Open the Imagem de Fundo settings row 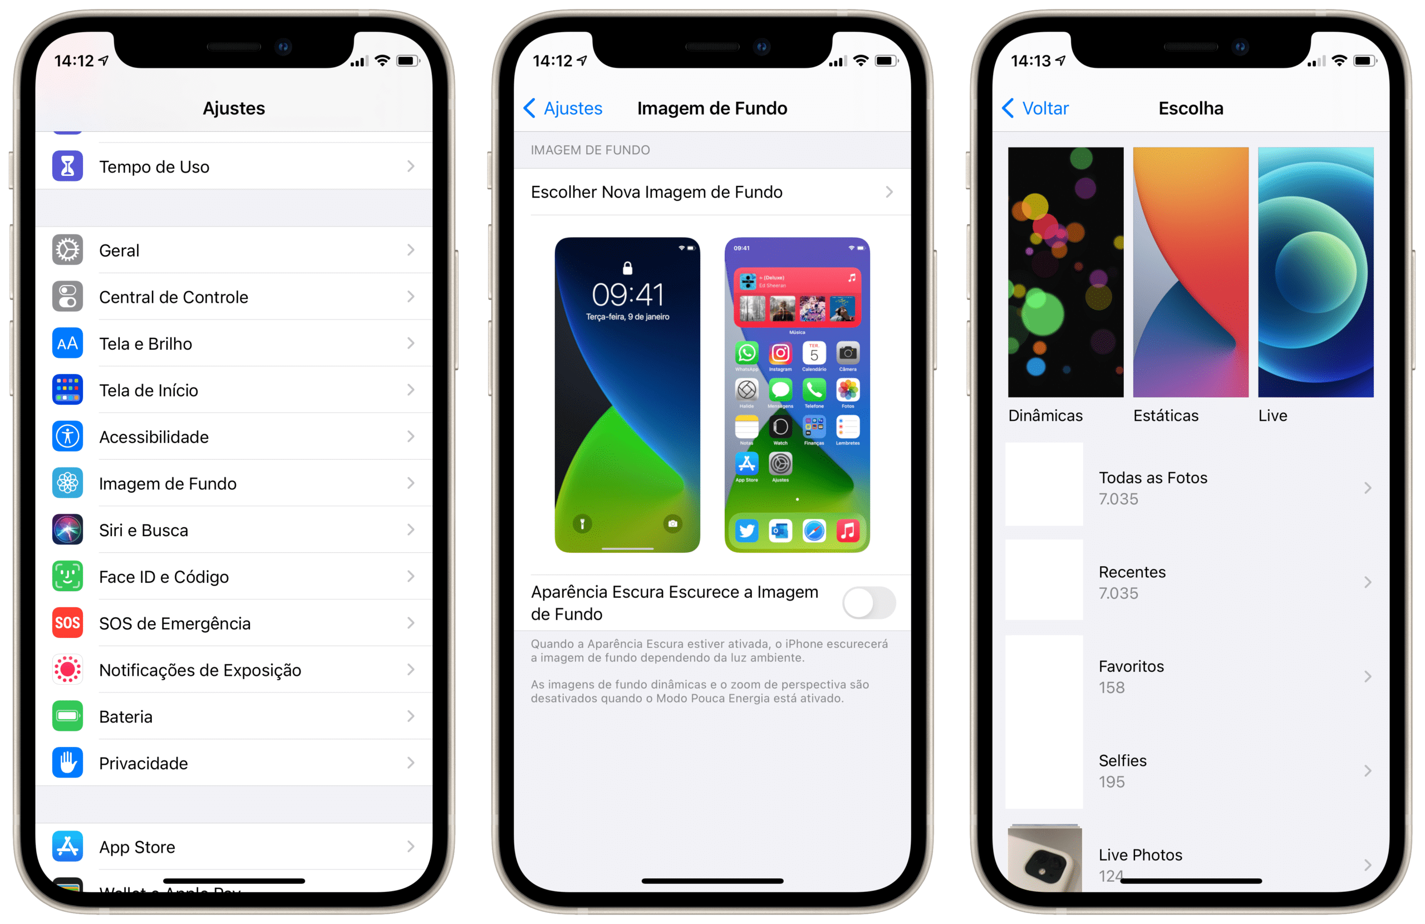168,483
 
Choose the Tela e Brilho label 145,344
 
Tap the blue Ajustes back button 563,109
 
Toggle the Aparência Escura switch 869,602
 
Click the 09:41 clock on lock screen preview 627,294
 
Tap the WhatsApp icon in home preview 746,353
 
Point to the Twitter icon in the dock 746,530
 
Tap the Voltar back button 1035,109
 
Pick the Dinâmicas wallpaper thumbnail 1066,273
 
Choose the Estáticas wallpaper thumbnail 1190,273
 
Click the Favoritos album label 1131,666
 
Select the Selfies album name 1123,760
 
